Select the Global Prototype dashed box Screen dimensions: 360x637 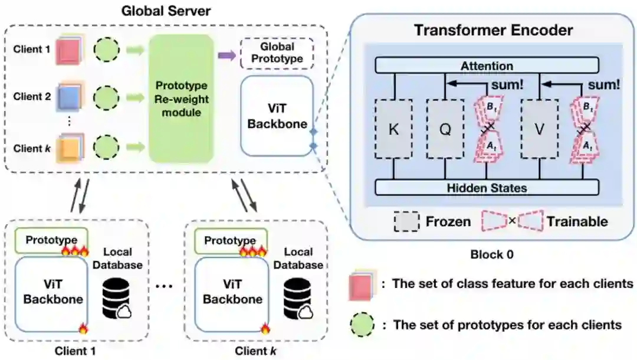[x=277, y=54]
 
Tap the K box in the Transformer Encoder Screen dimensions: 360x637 [x=393, y=129]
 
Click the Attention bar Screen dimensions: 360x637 [x=487, y=66]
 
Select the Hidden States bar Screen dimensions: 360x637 [x=487, y=188]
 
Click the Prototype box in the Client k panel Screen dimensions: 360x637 [x=229, y=240]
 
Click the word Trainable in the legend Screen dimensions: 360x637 [x=577, y=221]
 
